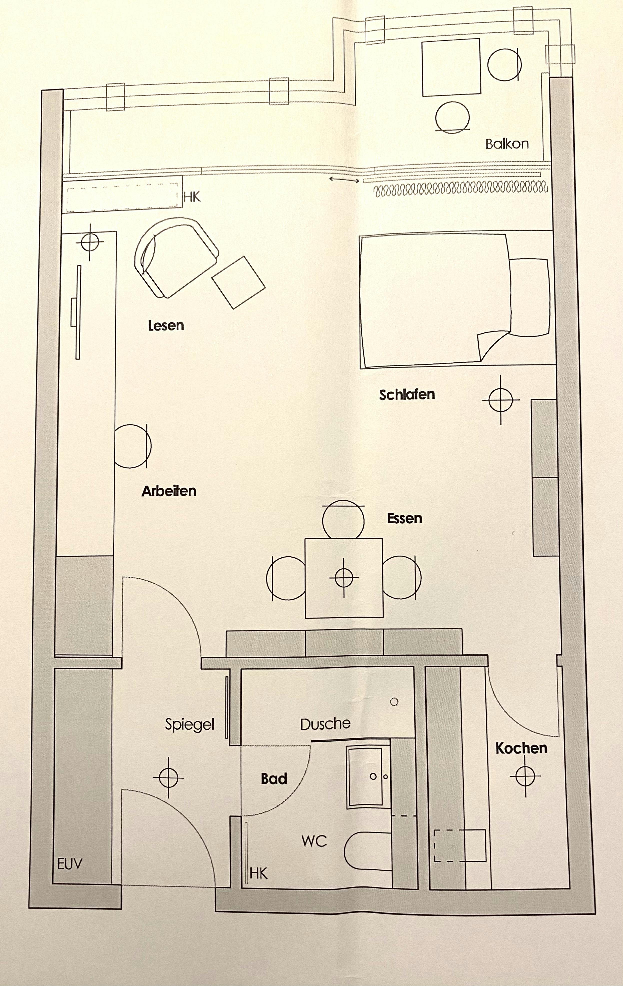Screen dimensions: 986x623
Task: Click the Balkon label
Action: tap(507, 144)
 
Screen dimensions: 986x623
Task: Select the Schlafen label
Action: tap(407, 395)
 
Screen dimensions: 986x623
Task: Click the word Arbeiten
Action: tap(169, 491)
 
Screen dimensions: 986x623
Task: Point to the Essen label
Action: tap(404, 518)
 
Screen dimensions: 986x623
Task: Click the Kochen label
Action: tap(521, 748)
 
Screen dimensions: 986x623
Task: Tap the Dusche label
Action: tap(325, 724)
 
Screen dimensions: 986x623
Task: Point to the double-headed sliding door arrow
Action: tap(344, 179)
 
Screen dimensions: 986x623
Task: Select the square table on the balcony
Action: tap(451, 67)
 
